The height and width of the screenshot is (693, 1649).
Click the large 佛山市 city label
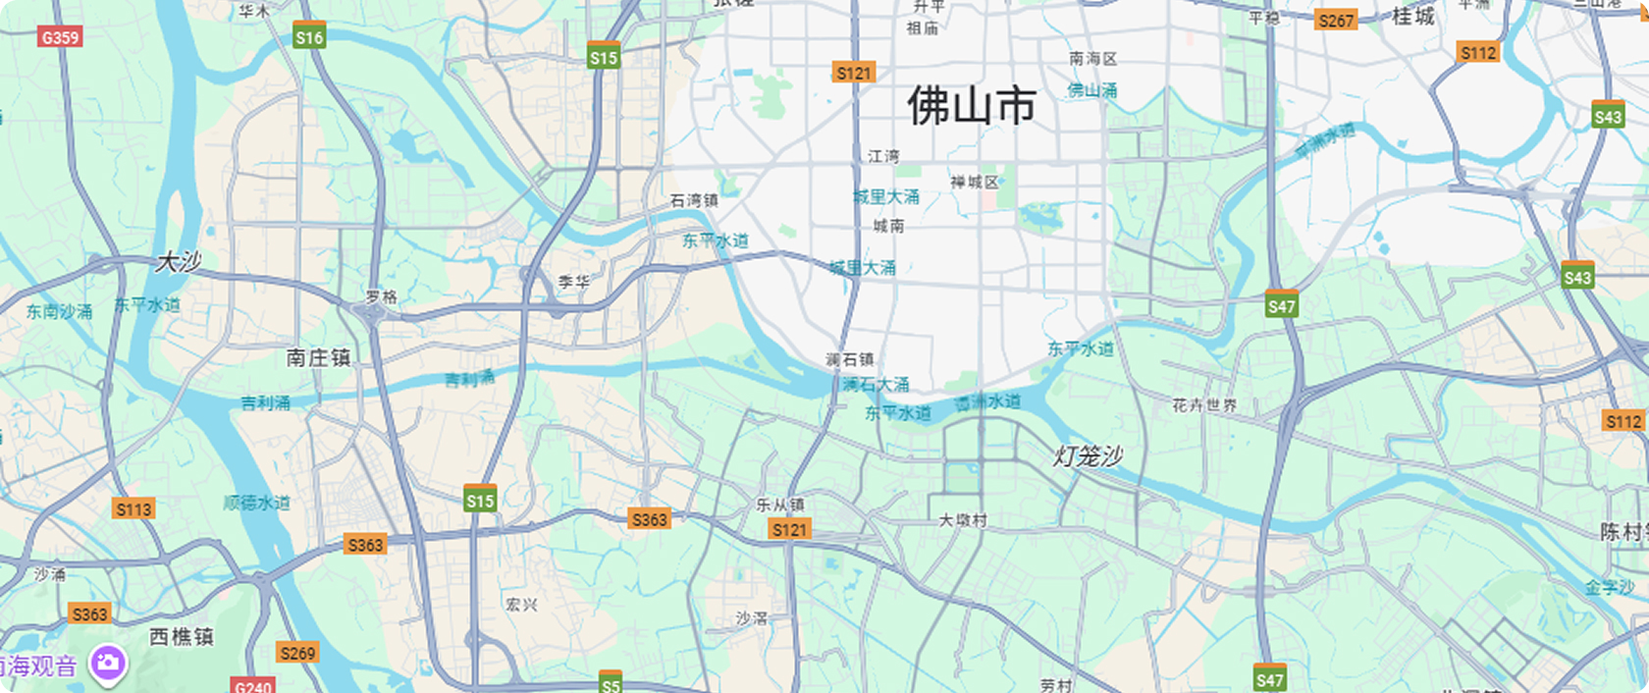coord(971,106)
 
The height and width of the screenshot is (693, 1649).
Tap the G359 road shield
coord(60,37)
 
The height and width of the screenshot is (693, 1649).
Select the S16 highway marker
coord(309,36)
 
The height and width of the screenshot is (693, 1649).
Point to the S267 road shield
coord(1336,20)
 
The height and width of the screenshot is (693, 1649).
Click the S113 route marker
coord(133,508)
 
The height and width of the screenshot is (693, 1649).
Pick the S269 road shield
coord(297,653)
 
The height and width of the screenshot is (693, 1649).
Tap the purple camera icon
coord(108,664)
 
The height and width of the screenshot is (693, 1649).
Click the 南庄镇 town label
coord(318,357)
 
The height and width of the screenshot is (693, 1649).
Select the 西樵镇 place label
coord(182,637)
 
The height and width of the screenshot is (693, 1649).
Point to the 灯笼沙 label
coord(1088,456)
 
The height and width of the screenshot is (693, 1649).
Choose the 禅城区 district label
coord(974,183)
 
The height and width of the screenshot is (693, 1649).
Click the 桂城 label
coord(1413,17)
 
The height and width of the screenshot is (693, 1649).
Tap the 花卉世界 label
coord(1204,404)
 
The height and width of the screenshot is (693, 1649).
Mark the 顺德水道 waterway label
coord(256,503)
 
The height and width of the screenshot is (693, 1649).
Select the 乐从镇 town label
coord(780,505)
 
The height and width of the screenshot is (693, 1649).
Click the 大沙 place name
coord(179,262)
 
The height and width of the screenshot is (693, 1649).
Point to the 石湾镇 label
coord(694,200)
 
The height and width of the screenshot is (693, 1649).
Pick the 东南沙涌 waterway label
coord(59,312)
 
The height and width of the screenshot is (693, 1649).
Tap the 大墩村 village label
coord(962,520)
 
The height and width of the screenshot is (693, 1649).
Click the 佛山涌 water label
coord(1092,90)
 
